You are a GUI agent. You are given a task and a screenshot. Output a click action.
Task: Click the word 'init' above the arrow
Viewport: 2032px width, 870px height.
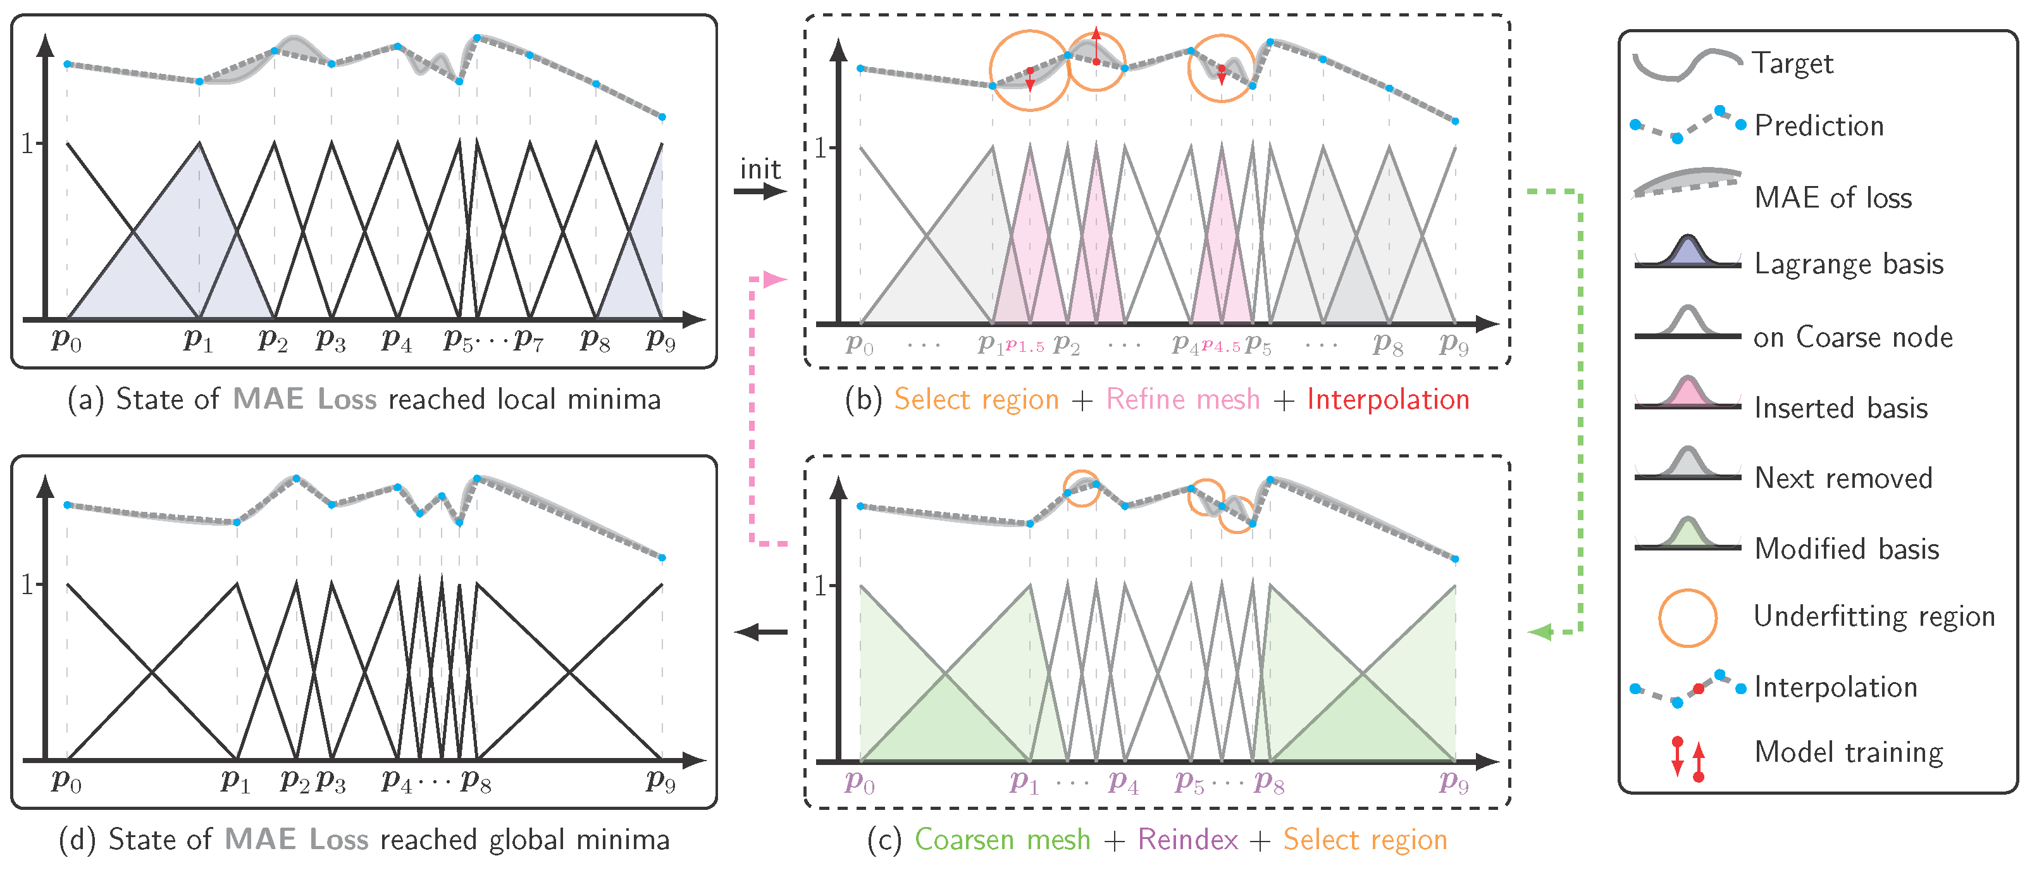760,169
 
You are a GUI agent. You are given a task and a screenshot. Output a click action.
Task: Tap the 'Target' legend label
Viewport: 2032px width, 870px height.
1792,63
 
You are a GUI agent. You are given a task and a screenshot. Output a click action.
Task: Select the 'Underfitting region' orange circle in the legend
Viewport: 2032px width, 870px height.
1687,618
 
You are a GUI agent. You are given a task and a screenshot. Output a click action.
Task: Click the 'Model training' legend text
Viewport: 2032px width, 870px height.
1848,752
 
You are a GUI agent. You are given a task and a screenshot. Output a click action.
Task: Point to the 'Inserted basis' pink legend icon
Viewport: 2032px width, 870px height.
1687,392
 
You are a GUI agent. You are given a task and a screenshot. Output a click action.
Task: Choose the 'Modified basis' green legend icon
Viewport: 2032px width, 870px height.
1687,533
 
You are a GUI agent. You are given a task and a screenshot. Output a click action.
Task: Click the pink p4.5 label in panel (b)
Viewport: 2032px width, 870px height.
1221,345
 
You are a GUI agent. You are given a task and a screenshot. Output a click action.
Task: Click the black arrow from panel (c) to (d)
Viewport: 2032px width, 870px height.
760,632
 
